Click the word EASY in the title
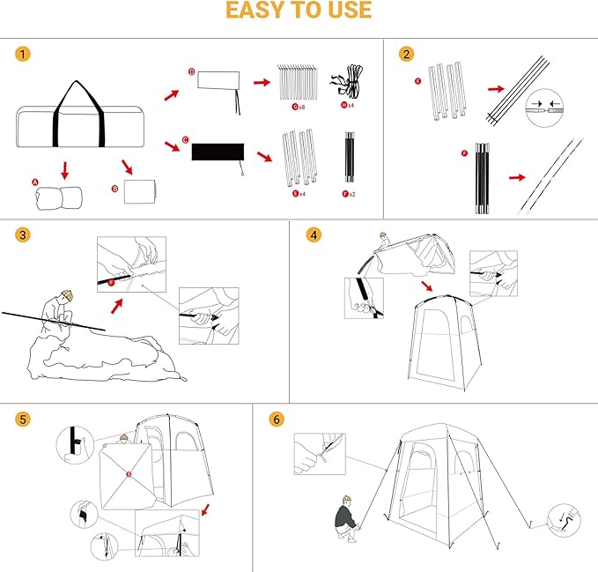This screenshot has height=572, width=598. [255, 11]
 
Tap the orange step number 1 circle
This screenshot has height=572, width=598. [21, 54]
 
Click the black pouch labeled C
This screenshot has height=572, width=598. [216, 152]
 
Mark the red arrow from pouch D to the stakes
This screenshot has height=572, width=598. [262, 82]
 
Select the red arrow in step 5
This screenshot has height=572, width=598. [205, 509]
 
